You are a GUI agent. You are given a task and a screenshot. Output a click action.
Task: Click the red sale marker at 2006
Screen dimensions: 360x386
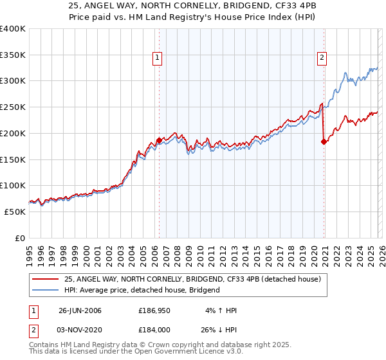(x=159, y=139)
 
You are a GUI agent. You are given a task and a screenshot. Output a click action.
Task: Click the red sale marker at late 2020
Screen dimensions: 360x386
(x=324, y=141)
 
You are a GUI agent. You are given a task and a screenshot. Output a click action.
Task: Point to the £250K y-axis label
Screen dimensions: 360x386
(x=12, y=107)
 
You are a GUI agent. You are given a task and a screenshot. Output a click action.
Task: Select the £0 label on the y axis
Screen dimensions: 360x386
(x=19, y=238)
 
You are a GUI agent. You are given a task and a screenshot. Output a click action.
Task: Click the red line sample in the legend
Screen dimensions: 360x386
(x=46, y=279)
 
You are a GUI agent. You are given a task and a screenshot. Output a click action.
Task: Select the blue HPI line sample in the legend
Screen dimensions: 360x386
(x=46, y=290)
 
